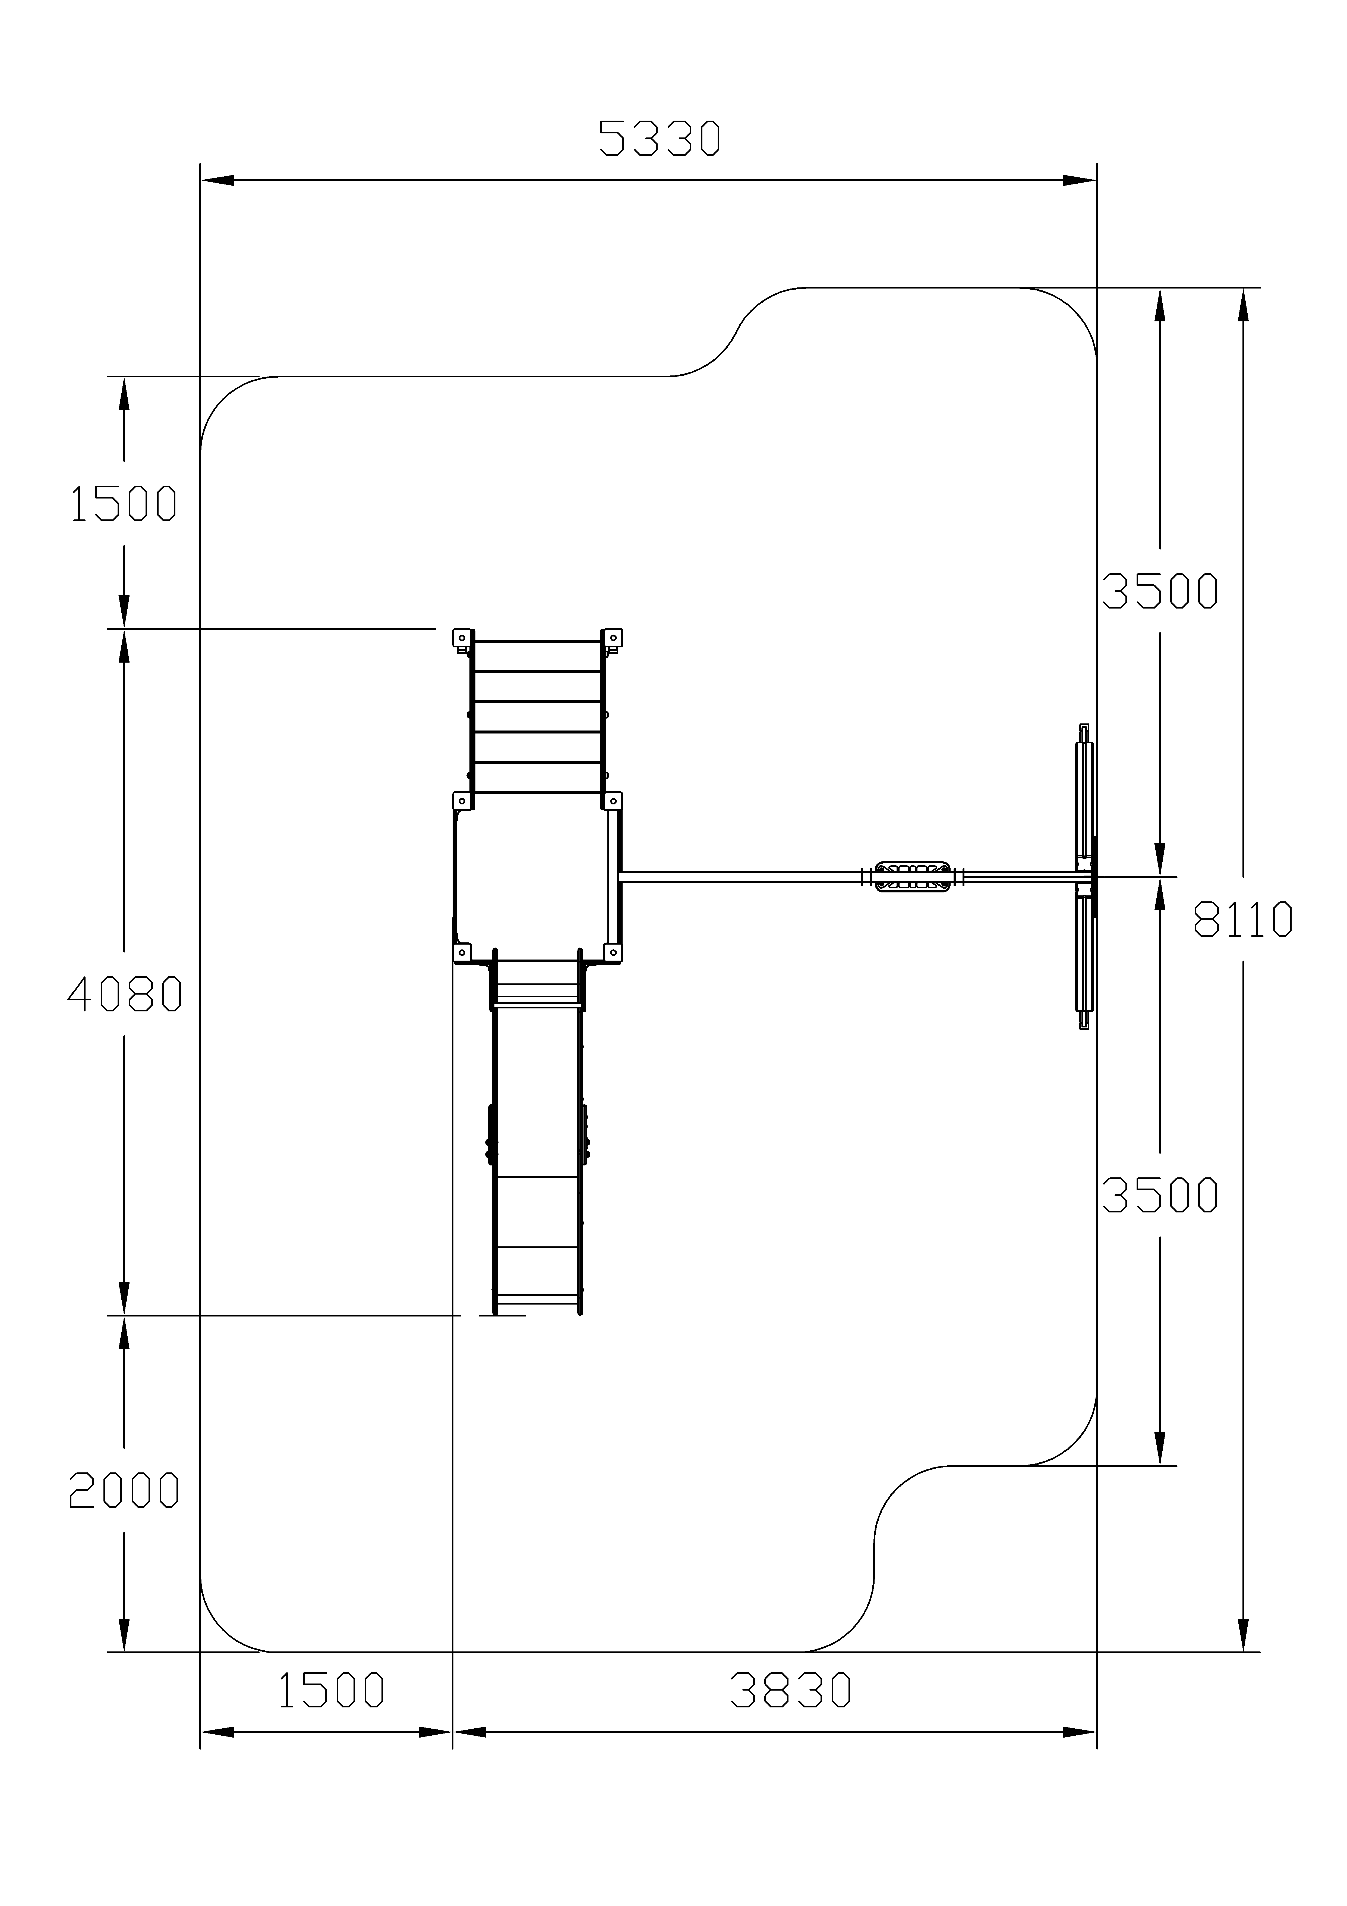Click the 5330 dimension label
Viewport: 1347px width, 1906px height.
(x=660, y=139)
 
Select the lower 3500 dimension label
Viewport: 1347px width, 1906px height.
(x=1159, y=1195)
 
